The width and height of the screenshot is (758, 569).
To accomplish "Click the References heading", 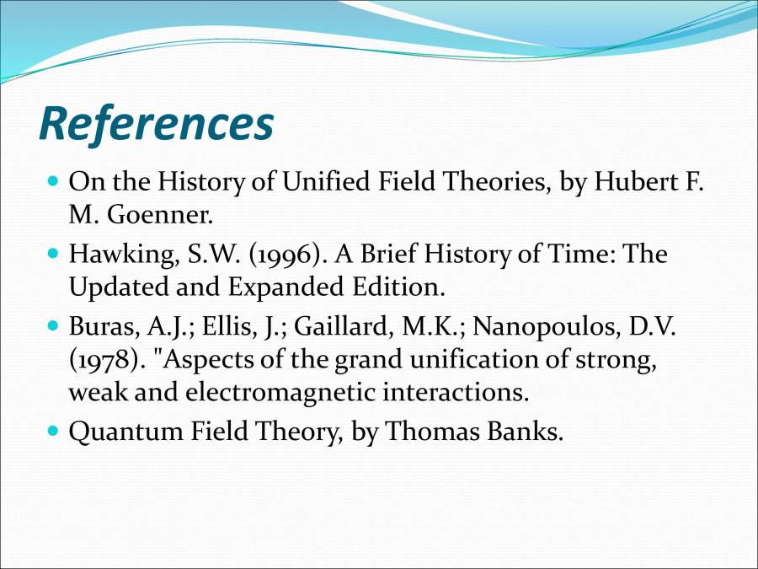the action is [x=156, y=123].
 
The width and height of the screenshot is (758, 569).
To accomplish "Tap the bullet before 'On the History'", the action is [x=54, y=181].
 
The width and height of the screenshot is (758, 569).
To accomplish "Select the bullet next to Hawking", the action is [x=54, y=253].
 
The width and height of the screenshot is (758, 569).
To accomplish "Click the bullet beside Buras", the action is [x=54, y=325].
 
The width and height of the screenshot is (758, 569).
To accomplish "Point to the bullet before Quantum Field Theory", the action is [x=54, y=430].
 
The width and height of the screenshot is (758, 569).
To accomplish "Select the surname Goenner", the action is [x=159, y=214].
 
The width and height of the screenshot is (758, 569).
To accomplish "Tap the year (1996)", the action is [x=286, y=254].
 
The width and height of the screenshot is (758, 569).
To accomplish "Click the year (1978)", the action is [x=104, y=359].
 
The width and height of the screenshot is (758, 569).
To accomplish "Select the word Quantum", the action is [x=125, y=431].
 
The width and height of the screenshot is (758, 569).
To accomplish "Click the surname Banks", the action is [x=525, y=431].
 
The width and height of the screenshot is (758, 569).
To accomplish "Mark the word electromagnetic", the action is [x=280, y=392].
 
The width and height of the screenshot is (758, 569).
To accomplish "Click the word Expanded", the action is [x=286, y=287].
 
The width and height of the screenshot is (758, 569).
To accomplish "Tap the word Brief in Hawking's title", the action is [x=387, y=254].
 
